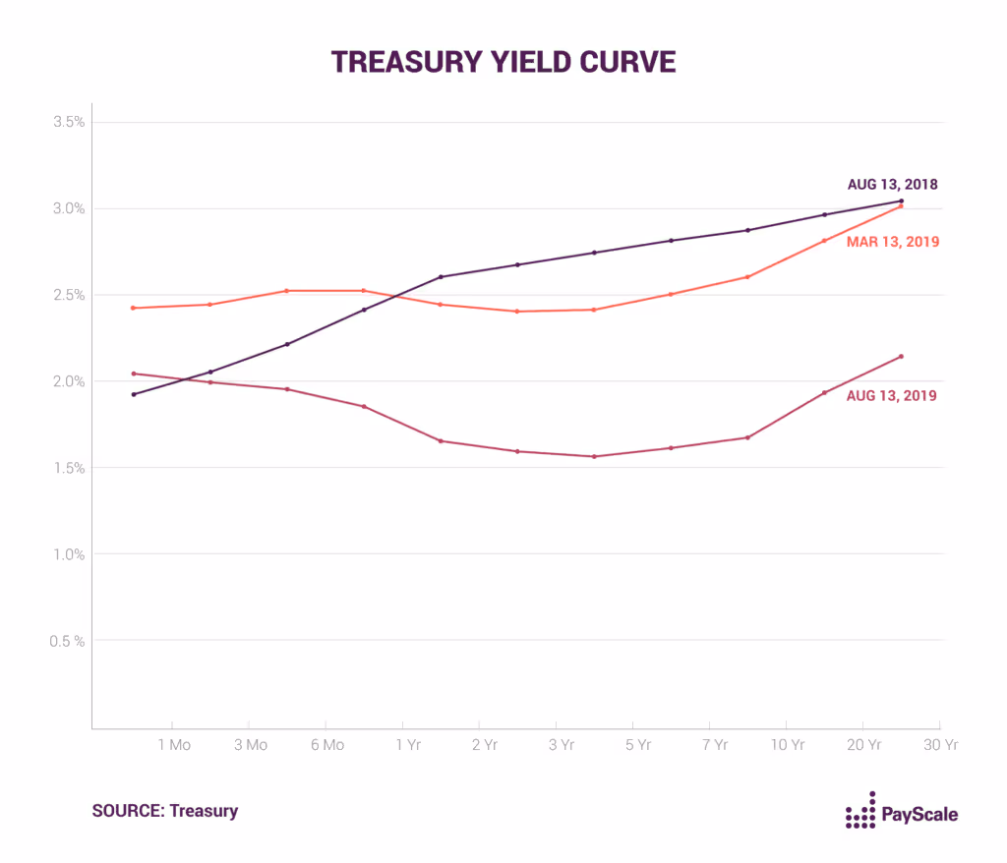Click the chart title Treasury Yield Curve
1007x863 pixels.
click(503, 61)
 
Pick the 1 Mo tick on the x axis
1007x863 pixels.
click(174, 745)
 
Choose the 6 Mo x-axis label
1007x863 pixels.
click(327, 745)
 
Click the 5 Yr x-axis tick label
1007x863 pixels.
click(638, 745)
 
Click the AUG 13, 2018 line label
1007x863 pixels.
click(892, 184)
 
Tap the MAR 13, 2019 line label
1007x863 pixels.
click(892, 242)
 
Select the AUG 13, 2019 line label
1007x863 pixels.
click(892, 396)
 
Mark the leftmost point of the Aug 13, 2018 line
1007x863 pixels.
click(134, 394)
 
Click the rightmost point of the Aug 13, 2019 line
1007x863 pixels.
click(901, 356)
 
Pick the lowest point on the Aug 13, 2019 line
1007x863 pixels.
click(594, 456)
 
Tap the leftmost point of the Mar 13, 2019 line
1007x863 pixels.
click(134, 308)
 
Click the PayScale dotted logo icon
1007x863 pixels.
click(860, 811)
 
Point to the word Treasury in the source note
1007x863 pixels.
click(204, 811)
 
